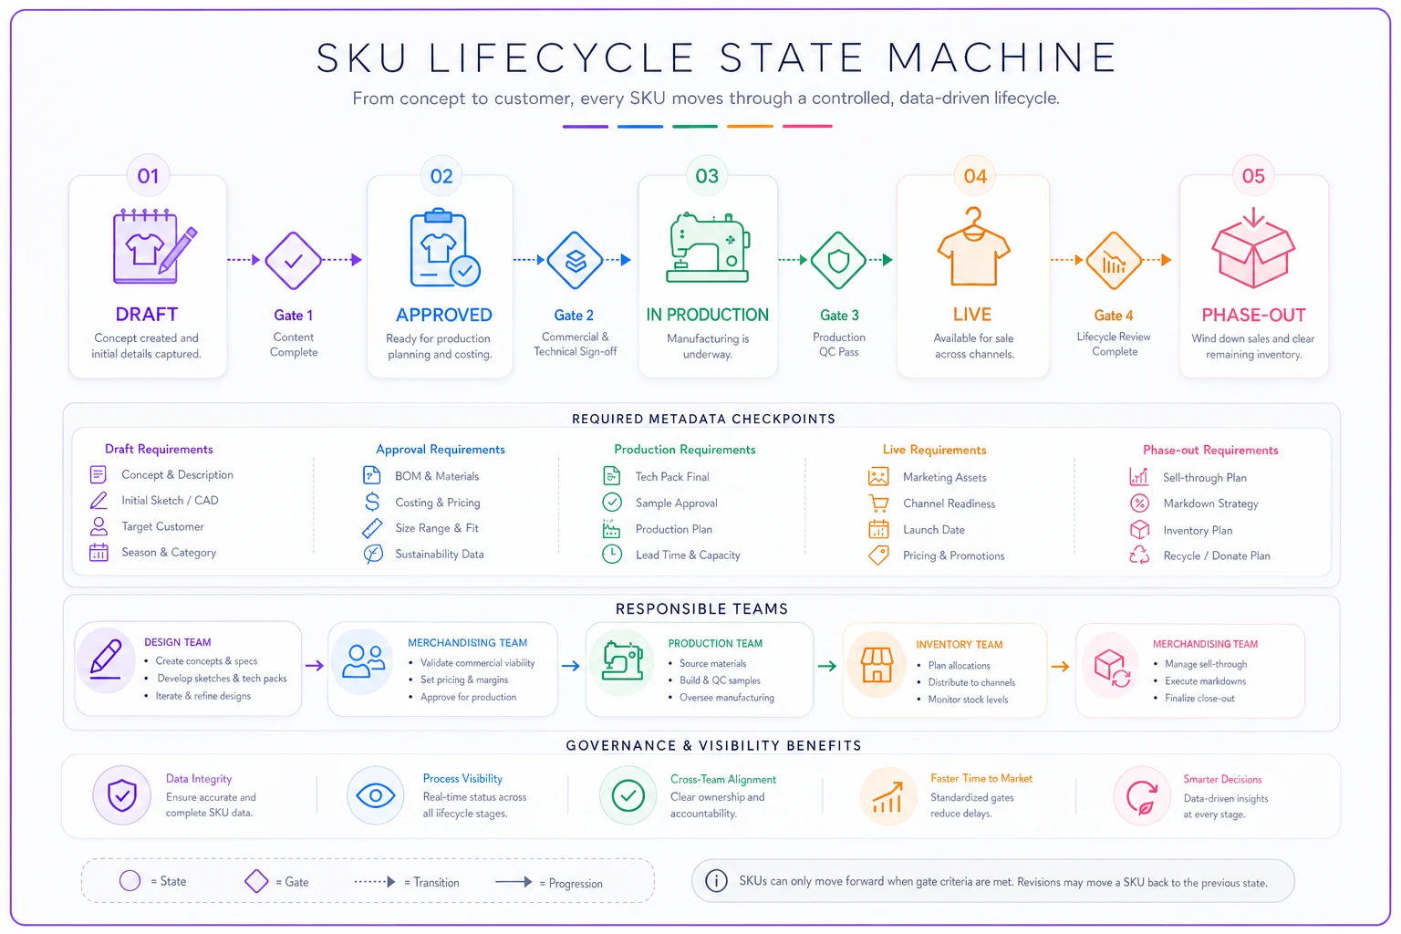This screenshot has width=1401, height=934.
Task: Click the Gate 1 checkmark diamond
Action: click(x=293, y=260)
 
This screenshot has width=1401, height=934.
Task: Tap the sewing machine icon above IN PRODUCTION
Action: click(x=708, y=248)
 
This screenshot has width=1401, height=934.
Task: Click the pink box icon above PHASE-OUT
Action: click(x=1252, y=248)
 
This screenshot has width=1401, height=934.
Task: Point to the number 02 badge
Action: click(x=441, y=176)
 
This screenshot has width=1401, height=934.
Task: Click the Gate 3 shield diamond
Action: click(x=838, y=260)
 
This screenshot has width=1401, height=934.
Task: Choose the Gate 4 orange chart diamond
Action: click(x=1114, y=260)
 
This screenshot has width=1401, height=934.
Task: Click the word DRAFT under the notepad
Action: click(x=146, y=314)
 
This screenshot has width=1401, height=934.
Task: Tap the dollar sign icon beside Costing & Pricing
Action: click(x=372, y=502)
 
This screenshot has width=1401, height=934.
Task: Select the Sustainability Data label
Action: click(x=439, y=555)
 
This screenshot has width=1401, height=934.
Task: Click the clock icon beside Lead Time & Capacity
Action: click(x=612, y=555)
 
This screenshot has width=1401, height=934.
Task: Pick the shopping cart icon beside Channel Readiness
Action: click(x=878, y=503)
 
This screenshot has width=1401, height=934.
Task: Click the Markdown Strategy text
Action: click(x=1210, y=503)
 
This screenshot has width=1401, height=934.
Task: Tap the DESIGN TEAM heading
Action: click(x=178, y=642)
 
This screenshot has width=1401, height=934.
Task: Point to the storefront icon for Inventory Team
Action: click(x=877, y=664)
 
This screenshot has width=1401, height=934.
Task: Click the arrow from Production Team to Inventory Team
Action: click(x=827, y=666)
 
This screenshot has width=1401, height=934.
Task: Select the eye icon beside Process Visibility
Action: click(x=375, y=795)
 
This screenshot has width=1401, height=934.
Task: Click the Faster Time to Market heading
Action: click(x=981, y=778)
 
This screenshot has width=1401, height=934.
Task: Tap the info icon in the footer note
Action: click(x=716, y=881)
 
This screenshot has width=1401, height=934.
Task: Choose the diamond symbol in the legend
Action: click(x=255, y=881)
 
